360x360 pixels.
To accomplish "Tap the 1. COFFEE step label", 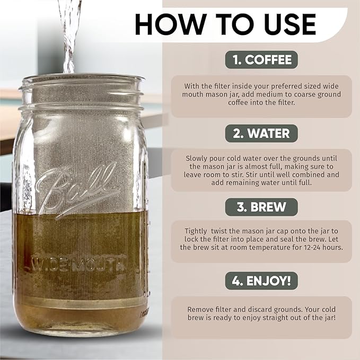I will pos(261,59).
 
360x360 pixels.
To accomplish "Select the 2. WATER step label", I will pos(261,133).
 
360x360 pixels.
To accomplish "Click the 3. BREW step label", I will pos(261,207).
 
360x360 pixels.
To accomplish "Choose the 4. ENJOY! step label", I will pos(261,280).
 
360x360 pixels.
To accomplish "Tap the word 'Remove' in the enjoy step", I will pos(200,309).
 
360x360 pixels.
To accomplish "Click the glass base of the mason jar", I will pos(80,326).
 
